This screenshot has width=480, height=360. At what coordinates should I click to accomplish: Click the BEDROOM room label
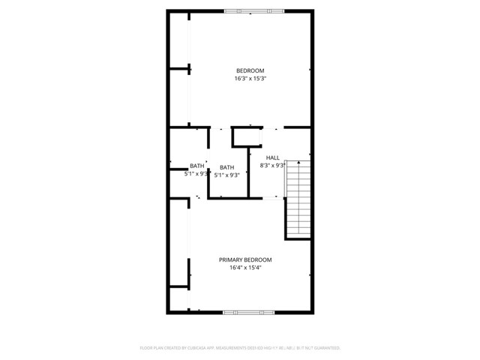[x=250, y=71]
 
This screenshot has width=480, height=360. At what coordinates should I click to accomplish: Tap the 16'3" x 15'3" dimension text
[x=250, y=79]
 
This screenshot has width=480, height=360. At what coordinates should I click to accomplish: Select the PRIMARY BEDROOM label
[x=245, y=259]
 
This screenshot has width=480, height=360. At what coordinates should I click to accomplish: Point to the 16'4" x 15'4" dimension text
[x=245, y=267]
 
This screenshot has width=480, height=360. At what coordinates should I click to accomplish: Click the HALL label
[x=272, y=157]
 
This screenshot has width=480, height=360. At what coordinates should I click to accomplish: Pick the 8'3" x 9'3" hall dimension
[x=272, y=166]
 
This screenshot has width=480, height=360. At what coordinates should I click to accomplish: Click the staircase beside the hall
[x=298, y=199]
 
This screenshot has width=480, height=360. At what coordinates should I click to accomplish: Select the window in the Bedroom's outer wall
[x=250, y=11]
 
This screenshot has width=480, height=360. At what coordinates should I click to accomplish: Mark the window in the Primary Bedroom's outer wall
[x=247, y=312]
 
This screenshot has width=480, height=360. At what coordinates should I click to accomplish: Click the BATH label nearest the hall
[x=227, y=167]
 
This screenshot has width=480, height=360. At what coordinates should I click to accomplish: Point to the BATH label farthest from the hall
[x=196, y=166]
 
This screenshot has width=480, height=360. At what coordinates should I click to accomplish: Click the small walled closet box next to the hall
[x=243, y=137]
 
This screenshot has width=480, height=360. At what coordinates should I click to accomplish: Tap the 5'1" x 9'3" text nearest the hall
[x=227, y=175]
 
